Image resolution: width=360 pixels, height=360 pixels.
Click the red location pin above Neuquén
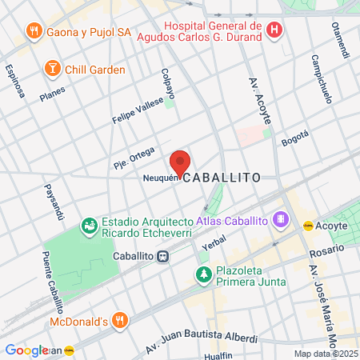point(180,162)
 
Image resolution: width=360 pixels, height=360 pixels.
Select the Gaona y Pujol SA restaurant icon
point(33,31)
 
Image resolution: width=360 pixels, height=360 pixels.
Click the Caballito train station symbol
point(163,256)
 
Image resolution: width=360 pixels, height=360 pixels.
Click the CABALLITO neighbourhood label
point(221,179)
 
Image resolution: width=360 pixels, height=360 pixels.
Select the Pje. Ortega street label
point(133,152)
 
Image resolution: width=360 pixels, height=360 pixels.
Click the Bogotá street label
point(294,138)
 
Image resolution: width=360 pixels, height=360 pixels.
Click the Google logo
point(26,350)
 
